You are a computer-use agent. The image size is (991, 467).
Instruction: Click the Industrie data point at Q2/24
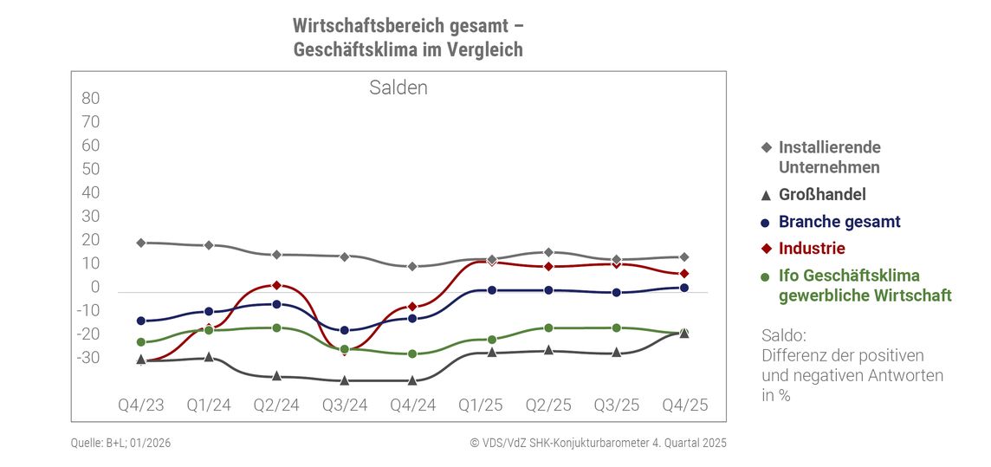click(276, 285)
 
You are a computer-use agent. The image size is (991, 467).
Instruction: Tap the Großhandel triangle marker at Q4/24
click(412, 379)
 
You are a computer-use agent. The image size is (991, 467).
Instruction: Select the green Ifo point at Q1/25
click(492, 340)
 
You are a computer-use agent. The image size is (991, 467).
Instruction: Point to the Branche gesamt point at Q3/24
click(345, 330)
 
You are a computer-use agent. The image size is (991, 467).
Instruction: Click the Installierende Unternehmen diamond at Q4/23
click(140, 243)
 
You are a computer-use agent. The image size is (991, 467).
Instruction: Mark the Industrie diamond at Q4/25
click(684, 274)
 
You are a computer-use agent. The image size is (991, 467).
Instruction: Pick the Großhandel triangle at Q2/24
click(276, 375)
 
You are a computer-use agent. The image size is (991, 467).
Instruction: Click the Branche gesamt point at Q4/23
click(140, 321)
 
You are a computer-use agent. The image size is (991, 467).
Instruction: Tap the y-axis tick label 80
click(91, 98)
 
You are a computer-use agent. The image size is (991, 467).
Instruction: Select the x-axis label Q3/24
click(345, 405)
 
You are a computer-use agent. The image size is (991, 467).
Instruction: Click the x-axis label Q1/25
click(481, 405)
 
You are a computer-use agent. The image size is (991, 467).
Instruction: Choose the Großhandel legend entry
click(821, 195)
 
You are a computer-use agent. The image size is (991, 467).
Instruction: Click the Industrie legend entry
click(811, 249)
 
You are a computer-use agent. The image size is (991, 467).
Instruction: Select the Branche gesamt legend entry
click(839, 222)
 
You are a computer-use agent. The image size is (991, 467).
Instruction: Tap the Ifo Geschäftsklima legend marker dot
click(766, 276)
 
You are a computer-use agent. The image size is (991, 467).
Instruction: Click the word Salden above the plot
click(398, 88)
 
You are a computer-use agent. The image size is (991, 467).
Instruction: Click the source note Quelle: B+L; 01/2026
click(121, 443)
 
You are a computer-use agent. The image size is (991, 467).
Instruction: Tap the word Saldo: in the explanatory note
click(783, 335)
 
